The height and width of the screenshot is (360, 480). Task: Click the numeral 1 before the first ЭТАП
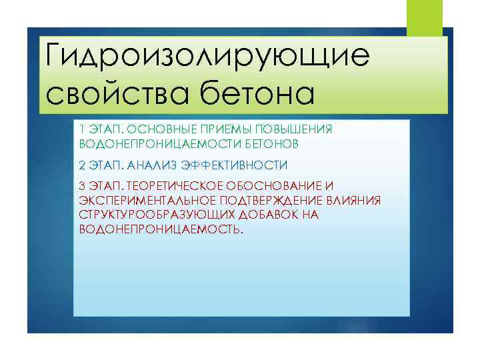[81, 129]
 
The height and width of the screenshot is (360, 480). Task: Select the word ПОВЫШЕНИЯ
[295, 129]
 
